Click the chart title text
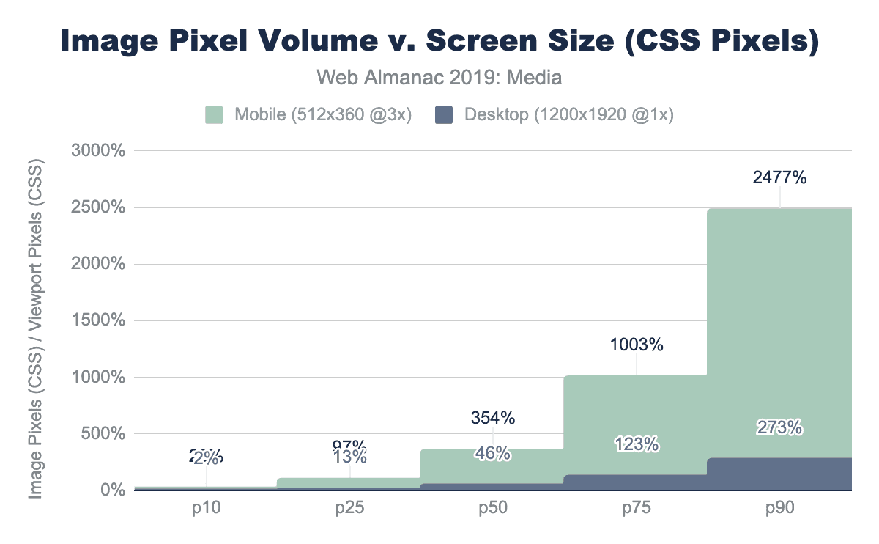pyautogui.click(x=439, y=41)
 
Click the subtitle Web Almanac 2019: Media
pyautogui.click(x=439, y=77)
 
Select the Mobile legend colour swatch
pyautogui.click(x=213, y=115)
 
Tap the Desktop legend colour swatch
pyautogui.click(x=443, y=115)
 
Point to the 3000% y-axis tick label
pyautogui.click(x=99, y=151)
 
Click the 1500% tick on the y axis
pyautogui.click(x=99, y=320)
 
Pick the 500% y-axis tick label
pyautogui.click(x=103, y=433)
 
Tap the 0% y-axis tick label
pyautogui.click(x=111, y=490)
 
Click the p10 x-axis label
pyautogui.click(x=206, y=508)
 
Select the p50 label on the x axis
pyautogui.click(x=492, y=508)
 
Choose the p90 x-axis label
pyautogui.click(x=779, y=508)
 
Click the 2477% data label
pyautogui.click(x=779, y=177)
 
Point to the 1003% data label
pyautogui.click(x=636, y=345)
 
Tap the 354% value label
pyautogui.click(x=492, y=419)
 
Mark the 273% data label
pyautogui.click(x=779, y=427)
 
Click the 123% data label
pyautogui.click(x=636, y=444)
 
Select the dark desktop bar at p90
pyautogui.click(x=779, y=474)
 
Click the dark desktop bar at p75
pyautogui.click(x=636, y=482)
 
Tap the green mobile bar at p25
pyautogui.click(x=349, y=482)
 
